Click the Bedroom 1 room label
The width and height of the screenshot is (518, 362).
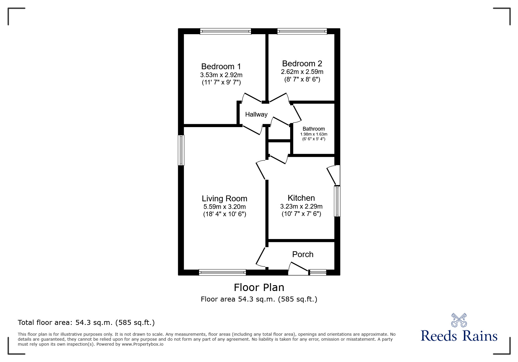tap(221, 67)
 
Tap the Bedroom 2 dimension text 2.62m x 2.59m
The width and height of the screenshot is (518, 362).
tap(302, 72)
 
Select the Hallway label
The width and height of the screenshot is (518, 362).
tap(256, 115)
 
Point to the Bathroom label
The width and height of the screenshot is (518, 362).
tap(314, 129)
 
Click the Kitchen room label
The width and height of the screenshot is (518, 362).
tap(301, 198)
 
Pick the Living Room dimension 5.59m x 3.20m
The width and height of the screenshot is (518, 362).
tap(224, 207)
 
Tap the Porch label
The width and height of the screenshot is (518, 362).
tap(303, 254)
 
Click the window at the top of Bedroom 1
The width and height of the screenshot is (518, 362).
tap(226, 31)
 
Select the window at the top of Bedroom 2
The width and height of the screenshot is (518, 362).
tap(302, 31)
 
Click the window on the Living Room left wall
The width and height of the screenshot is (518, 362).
tap(181, 150)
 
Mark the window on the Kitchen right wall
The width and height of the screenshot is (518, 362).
tap(337, 201)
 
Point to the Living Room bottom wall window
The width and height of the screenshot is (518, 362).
tap(222, 273)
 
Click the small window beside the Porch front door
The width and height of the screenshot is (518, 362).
tap(318, 273)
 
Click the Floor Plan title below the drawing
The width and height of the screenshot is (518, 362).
tap(259, 287)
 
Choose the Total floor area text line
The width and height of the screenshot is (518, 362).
tap(86, 323)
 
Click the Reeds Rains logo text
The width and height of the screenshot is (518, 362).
tap(459, 336)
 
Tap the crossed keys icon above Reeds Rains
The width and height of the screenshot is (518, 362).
tap(459, 320)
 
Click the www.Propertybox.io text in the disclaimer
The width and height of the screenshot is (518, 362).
tap(142, 344)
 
